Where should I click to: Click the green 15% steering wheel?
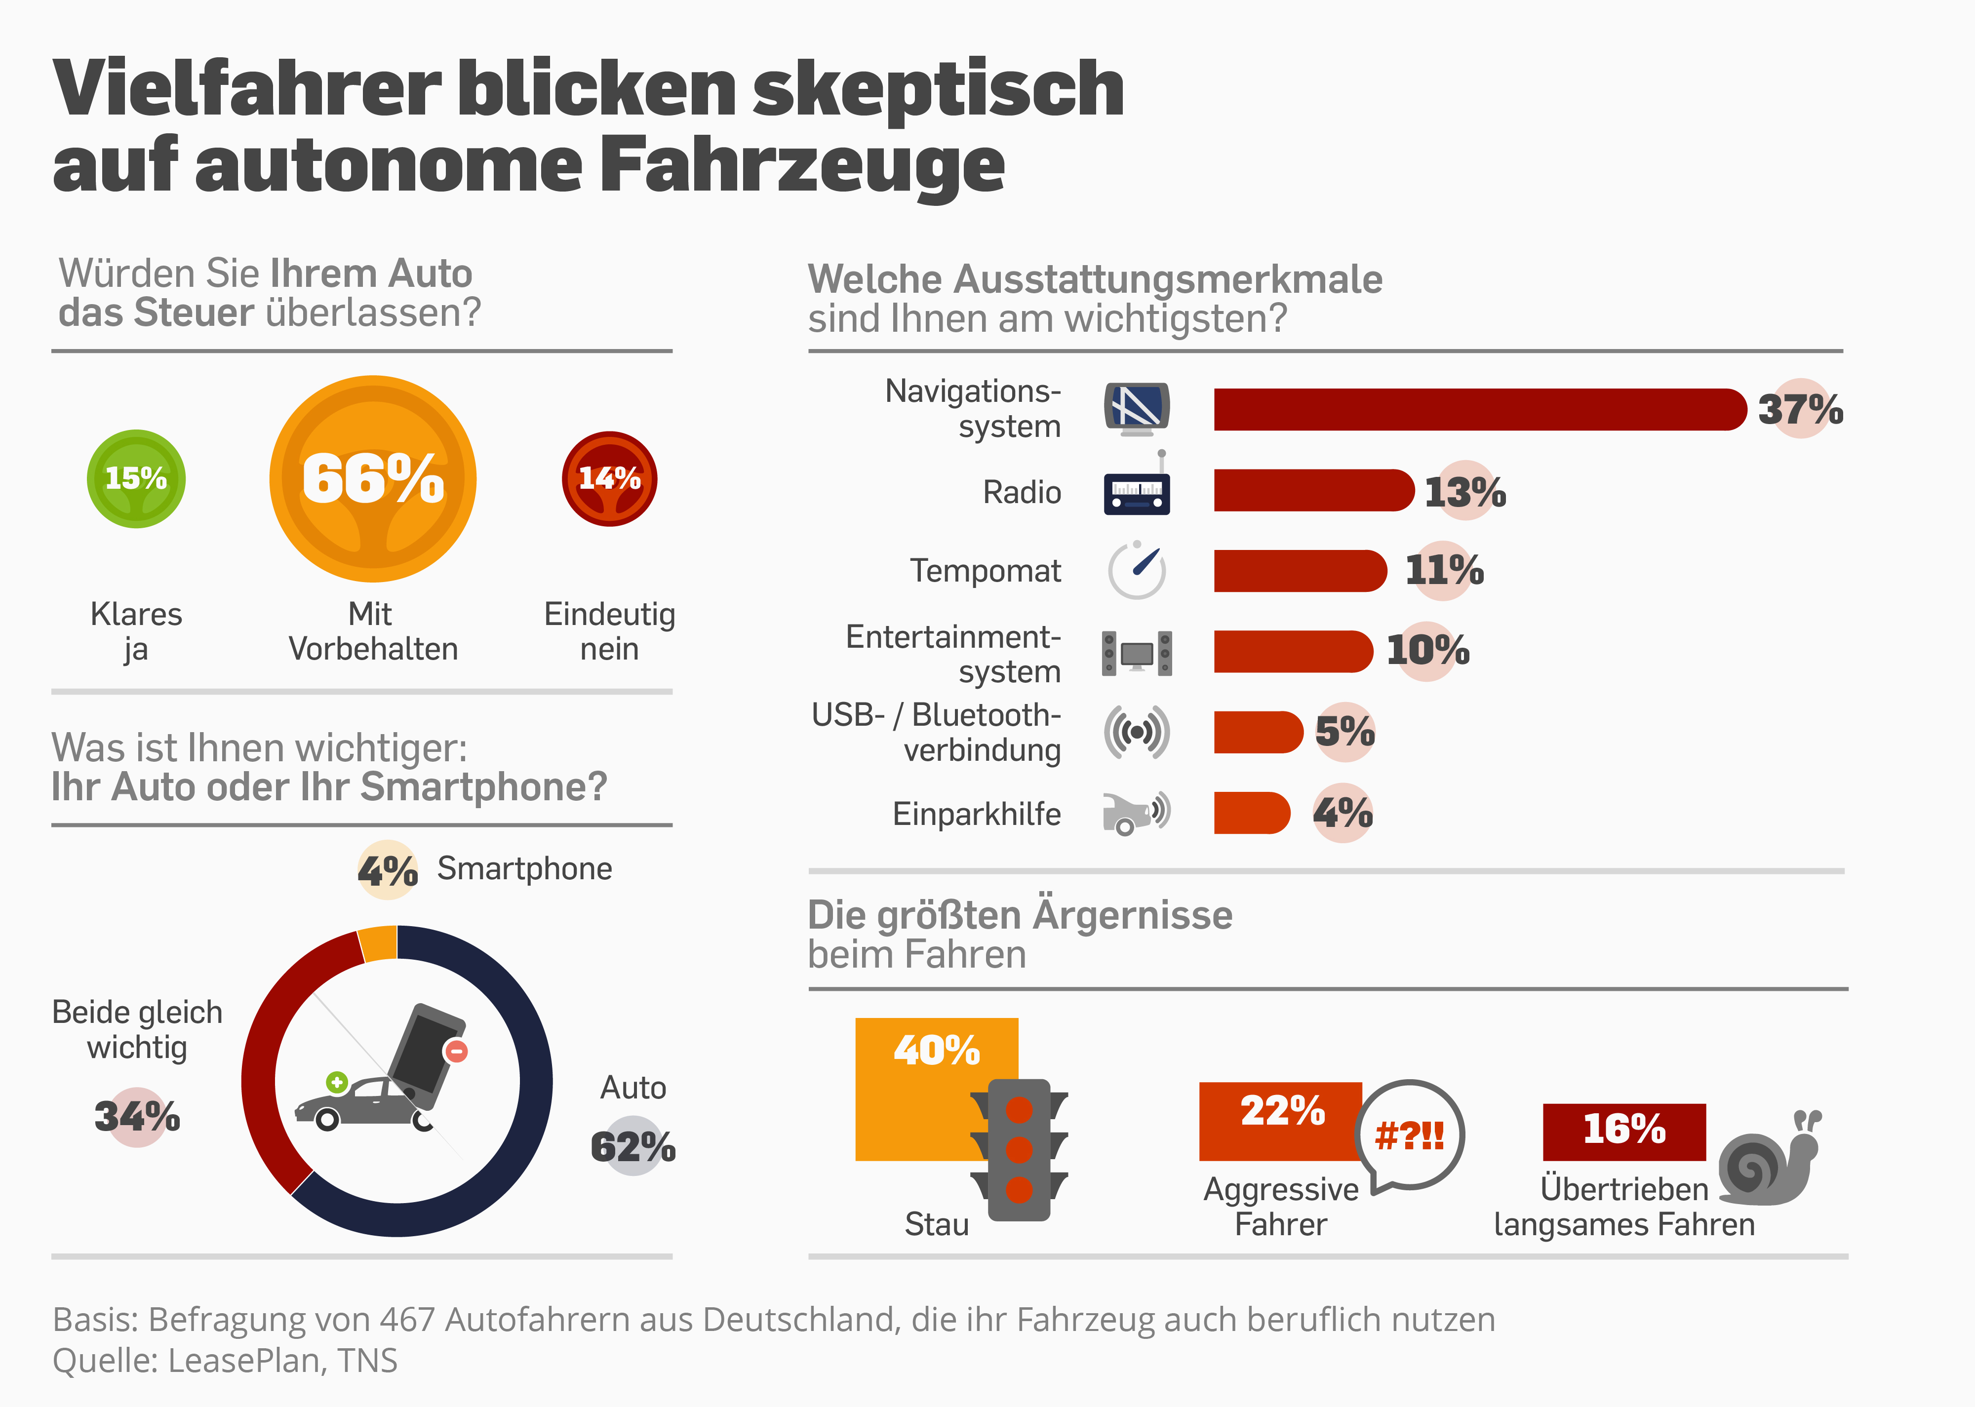click(136, 478)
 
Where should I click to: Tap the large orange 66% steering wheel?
click(372, 478)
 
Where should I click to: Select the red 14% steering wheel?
click(610, 478)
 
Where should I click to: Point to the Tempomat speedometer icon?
click(1137, 570)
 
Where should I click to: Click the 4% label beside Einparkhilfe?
click(1343, 813)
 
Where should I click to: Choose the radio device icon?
click(1137, 492)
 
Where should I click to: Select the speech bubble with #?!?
click(1409, 1135)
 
